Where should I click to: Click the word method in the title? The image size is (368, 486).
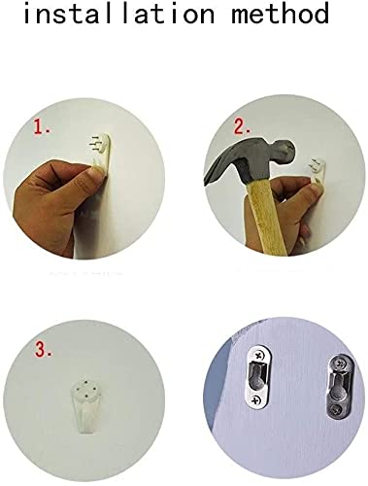[x=280, y=14]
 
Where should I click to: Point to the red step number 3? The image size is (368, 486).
[x=43, y=350]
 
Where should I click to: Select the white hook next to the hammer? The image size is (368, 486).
[x=317, y=172]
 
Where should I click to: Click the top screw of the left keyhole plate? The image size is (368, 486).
[x=258, y=356]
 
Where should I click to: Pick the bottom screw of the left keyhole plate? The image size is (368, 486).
[x=256, y=400]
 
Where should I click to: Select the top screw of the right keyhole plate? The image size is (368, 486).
[x=342, y=364]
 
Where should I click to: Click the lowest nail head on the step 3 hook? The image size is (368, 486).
[x=86, y=396]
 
